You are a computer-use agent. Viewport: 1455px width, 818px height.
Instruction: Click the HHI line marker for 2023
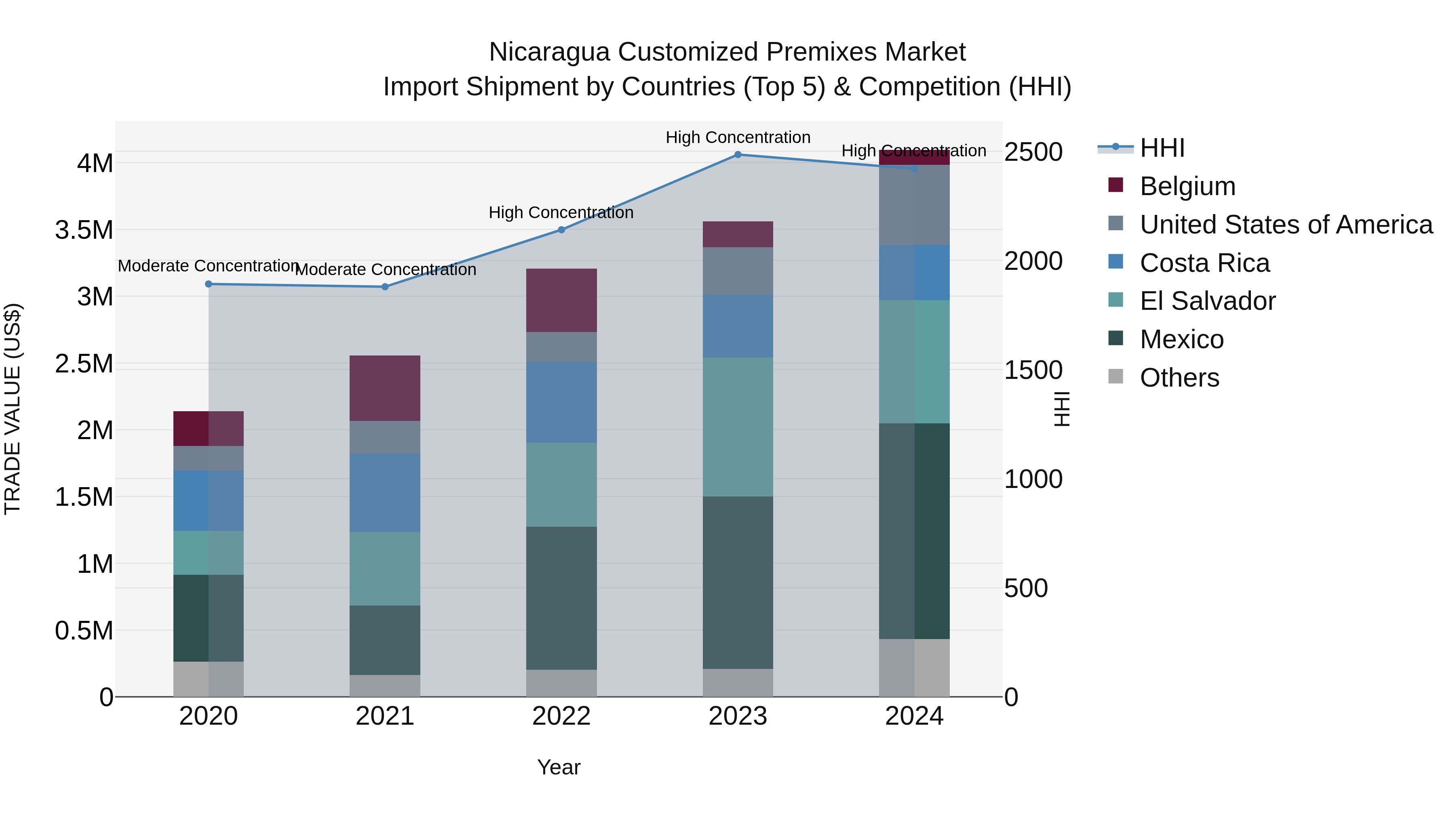[x=738, y=155]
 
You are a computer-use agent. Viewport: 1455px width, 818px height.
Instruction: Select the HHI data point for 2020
[x=209, y=284]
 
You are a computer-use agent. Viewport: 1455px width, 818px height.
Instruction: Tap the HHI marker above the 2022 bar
[x=561, y=230]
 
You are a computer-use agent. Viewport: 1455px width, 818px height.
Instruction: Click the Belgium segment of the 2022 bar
[x=561, y=300]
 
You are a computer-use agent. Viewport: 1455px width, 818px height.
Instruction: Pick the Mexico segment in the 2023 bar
[x=738, y=582]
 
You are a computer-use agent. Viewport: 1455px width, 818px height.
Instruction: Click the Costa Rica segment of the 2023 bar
[x=738, y=326]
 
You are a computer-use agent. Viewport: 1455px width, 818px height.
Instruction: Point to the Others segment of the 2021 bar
[x=385, y=686]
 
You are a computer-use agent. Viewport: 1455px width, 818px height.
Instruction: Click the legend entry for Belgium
[x=1187, y=186]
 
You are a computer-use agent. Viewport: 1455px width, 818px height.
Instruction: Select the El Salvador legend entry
[x=1207, y=301]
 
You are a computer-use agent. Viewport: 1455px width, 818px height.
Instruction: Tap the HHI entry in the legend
[x=1162, y=148]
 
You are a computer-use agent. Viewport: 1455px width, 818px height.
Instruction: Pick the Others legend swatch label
[x=1179, y=378]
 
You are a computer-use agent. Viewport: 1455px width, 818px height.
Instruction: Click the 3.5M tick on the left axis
[x=84, y=230]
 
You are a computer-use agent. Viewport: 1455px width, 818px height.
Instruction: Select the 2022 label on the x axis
[x=561, y=716]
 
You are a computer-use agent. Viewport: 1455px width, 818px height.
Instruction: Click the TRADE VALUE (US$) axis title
[x=13, y=409]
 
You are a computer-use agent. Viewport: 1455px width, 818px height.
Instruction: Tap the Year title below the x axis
[x=559, y=767]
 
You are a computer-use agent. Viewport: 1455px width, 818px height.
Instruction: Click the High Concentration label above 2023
[x=738, y=137]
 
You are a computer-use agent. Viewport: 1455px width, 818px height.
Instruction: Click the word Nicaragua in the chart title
[x=549, y=52]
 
